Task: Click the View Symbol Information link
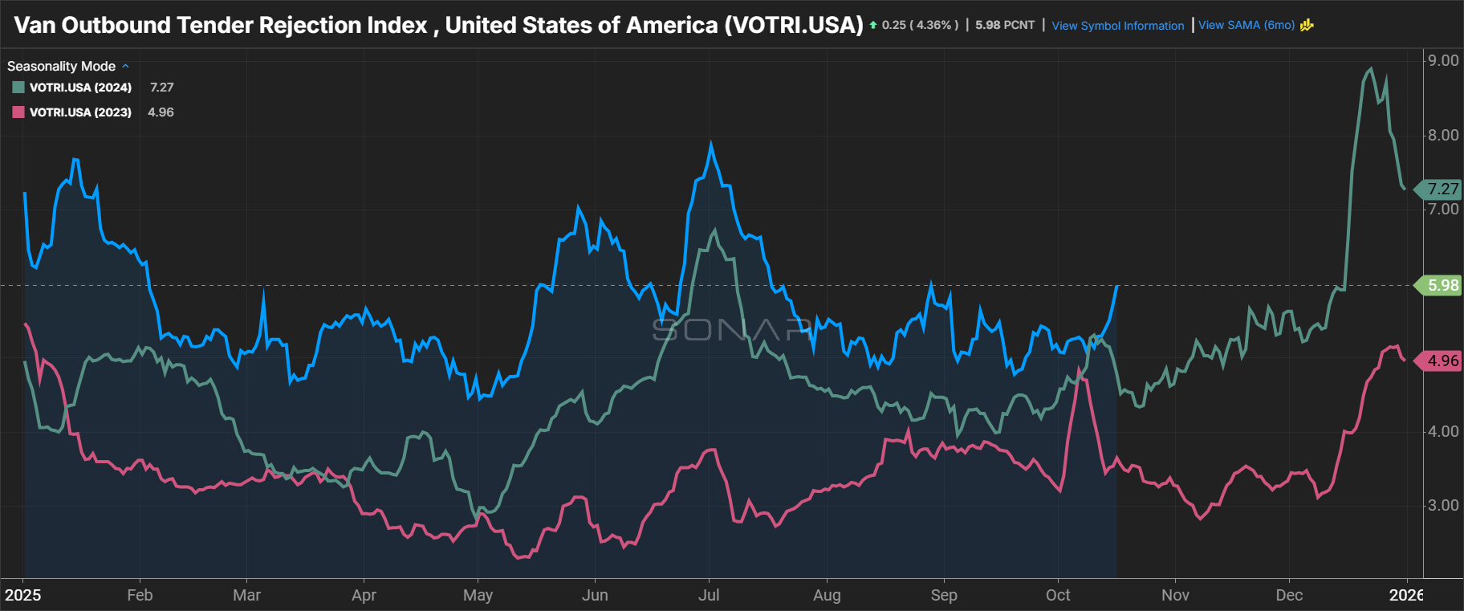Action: pyautogui.click(x=1117, y=26)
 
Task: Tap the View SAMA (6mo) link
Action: pyautogui.click(x=1246, y=26)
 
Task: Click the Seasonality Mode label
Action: pyautogui.click(x=61, y=67)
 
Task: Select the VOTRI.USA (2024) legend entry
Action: pyautogui.click(x=80, y=88)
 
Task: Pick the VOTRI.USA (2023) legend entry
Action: pyautogui.click(x=80, y=112)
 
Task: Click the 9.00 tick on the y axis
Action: pyautogui.click(x=1442, y=61)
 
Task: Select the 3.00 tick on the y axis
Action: pyautogui.click(x=1442, y=506)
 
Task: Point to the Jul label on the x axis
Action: pyautogui.click(x=709, y=595)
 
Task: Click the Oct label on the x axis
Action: pyautogui.click(x=1058, y=595)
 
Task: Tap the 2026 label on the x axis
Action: pyautogui.click(x=1406, y=595)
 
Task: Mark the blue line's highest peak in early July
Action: pyautogui.click(x=710, y=145)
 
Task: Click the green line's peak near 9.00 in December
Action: pyautogui.click(x=1371, y=69)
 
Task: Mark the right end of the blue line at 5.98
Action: pyautogui.click(x=1117, y=286)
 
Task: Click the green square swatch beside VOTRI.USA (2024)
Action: pyautogui.click(x=18, y=88)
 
